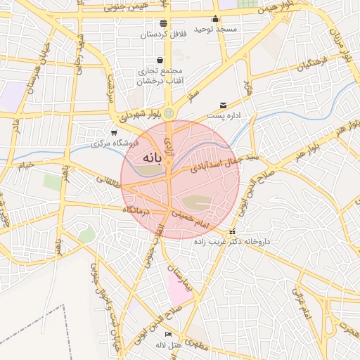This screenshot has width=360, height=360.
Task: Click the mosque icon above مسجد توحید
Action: coord(215,19)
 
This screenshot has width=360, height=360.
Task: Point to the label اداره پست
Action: coord(224,115)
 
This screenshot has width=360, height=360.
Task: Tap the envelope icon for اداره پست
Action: coord(224,105)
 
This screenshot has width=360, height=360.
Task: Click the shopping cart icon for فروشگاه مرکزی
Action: coord(114,132)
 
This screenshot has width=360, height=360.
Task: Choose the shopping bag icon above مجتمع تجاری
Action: coord(160,60)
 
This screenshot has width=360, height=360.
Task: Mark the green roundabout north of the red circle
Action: coord(167,113)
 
